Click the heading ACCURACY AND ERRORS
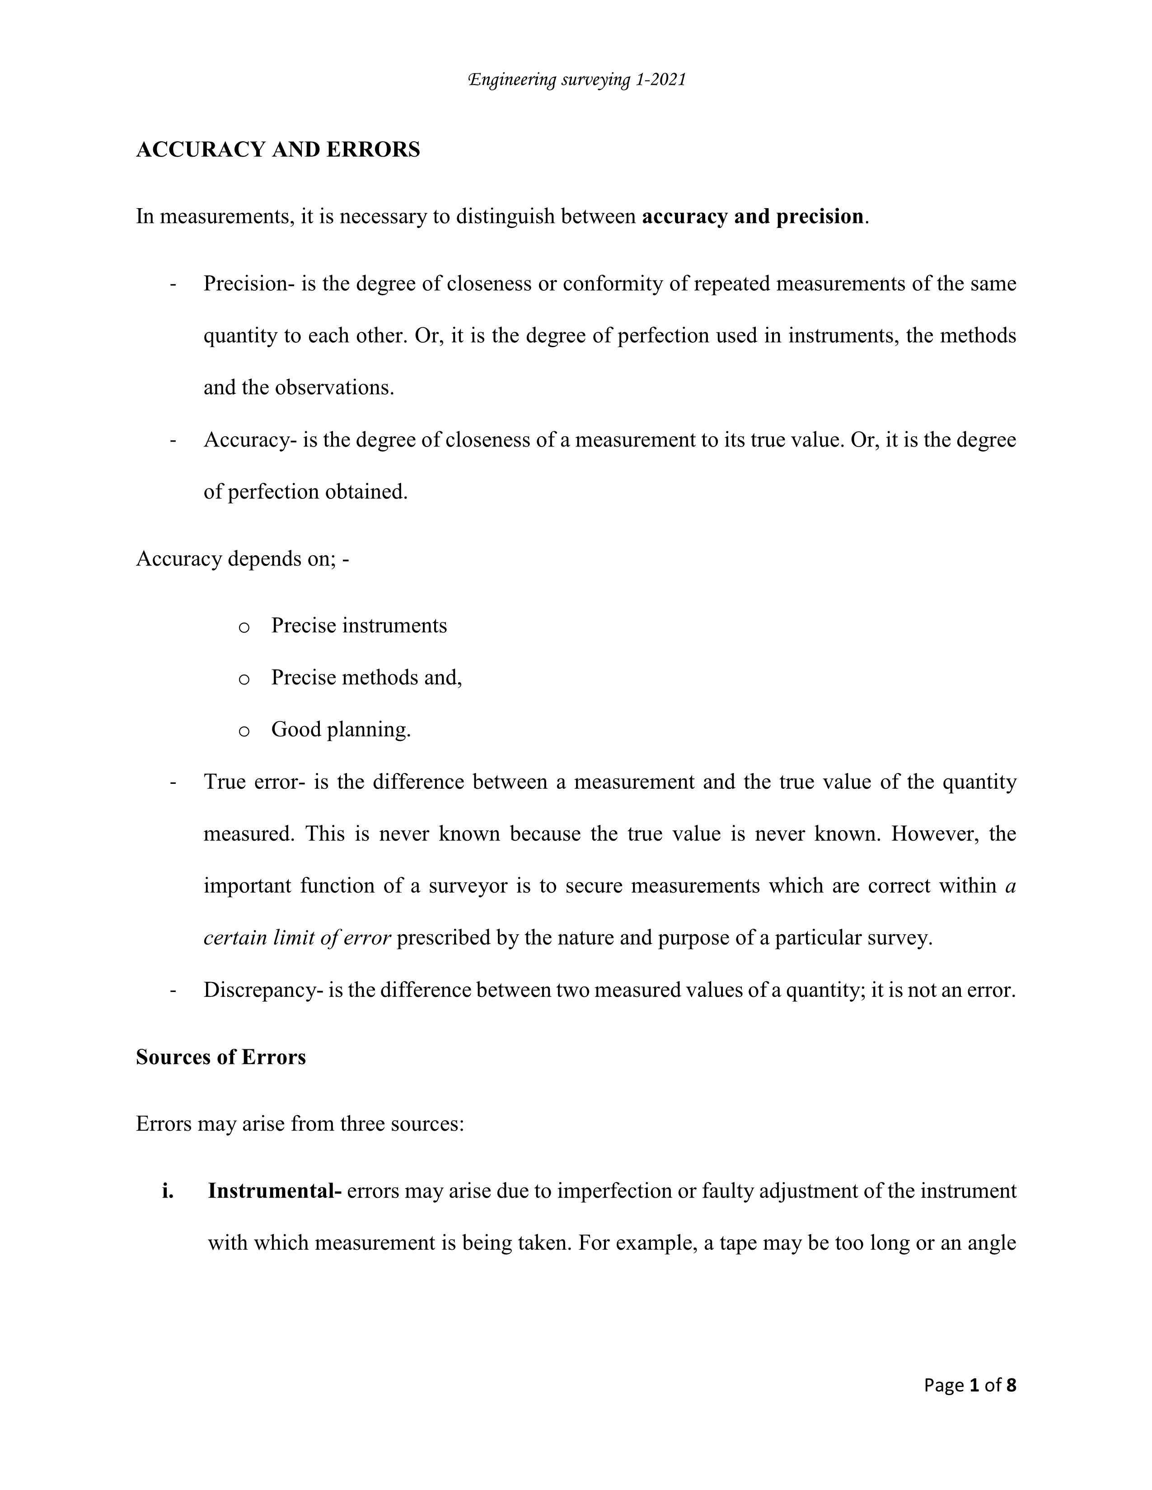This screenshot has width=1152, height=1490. coord(278,149)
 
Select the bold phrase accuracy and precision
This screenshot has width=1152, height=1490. coord(753,217)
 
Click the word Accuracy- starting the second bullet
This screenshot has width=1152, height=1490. coord(249,440)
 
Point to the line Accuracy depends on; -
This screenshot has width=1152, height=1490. coord(242,559)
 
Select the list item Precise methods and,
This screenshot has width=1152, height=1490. coord(366,677)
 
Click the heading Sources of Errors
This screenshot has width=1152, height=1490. coord(220,1057)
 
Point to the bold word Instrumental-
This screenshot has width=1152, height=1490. coord(274,1191)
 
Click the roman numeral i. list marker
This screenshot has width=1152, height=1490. coord(168,1191)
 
